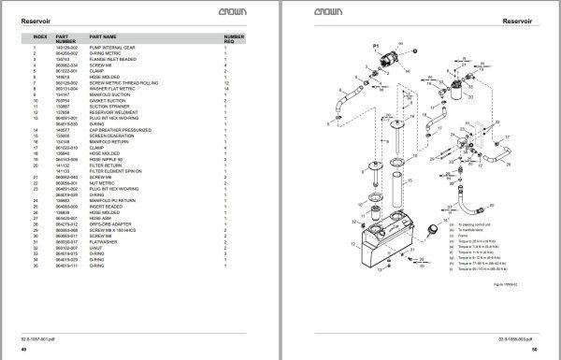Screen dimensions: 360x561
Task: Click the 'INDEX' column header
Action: click(x=39, y=38)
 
